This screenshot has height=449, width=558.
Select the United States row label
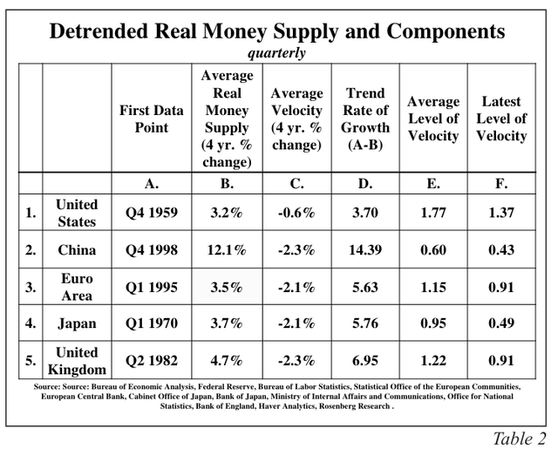coord(77,213)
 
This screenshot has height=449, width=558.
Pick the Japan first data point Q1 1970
coord(153,323)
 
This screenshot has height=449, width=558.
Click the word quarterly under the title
coord(276,53)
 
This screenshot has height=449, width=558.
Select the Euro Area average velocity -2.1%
coord(297,287)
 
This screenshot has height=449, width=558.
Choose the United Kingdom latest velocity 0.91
coord(500,361)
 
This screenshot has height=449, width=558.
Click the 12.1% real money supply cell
coord(227,250)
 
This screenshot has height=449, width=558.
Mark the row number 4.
coord(31,323)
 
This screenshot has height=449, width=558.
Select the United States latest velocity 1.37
coord(500,213)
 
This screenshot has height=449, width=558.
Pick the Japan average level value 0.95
coord(432,323)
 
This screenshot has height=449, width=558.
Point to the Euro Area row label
coord(77,287)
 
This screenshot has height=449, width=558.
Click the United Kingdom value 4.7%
coord(227,361)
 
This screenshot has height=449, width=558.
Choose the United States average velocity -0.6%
coord(297,213)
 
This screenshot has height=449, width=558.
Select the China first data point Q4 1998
coord(153,250)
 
